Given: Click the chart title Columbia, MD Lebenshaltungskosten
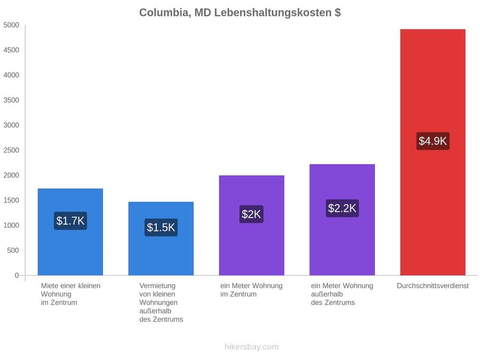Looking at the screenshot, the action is pyautogui.click(x=240, y=13).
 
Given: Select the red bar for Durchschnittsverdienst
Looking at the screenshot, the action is pyautogui.click(x=433, y=152).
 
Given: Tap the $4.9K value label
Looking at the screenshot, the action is pyautogui.click(x=433, y=141).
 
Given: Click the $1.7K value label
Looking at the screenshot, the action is pyautogui.click(x=70, y=221).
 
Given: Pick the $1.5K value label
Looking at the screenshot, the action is pyautogui.click(x=161, y=227).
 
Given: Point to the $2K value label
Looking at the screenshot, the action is pyautogui.click(x=251, y=214).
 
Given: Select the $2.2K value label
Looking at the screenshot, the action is pyautogui.click(x=342, y=208).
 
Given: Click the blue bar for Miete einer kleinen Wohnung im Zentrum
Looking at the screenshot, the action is pyautogui.click(x=70, y=232).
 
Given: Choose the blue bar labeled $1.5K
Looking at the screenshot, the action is pyautogui.click(x=161, y=238).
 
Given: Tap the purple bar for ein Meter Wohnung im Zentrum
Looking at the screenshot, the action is pyautogui.click(x=252, y=225).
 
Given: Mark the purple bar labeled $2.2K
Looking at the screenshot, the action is pyautogui.click(x=342, y=220).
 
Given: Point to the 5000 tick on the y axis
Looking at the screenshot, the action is pyautogui.click(x=11, y=25).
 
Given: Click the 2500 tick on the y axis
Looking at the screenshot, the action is pyautogui.click(x=11, y=150).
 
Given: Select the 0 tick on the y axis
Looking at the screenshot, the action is pyautogui.click(x=17, y=276).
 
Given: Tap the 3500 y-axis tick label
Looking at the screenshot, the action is pyautogui.click(x=11, y=100).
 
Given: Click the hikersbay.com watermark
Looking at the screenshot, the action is pyautogui.click(x=252, y=347).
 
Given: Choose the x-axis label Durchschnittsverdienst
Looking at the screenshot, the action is pyautogui.click(x=433, y=286).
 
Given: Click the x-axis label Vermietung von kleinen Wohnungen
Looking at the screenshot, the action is pyautogui.click(x=158, y=294).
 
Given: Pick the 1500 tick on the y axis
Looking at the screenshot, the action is pyautogui.click(x=11, y=200).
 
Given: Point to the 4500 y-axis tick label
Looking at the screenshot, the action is pyautogui.click(x=11, y=50).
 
